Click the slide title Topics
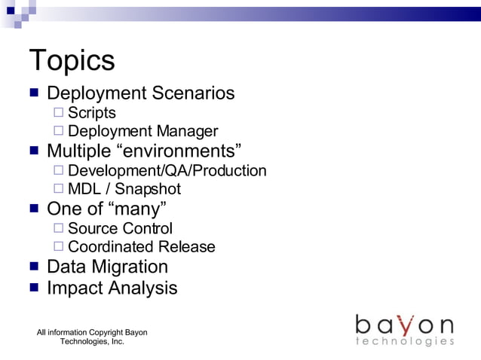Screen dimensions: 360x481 tap(72, 60)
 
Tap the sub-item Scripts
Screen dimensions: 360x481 tap(92, 113)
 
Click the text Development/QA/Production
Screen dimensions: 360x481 tap(167, 171)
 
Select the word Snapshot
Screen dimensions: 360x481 tap(148, 189)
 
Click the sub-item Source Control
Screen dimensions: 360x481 tap(120, 228)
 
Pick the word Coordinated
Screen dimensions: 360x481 tap(111, 247)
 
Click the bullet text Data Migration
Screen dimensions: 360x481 tap(107, 267)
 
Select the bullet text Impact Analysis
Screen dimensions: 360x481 tap(112, 288)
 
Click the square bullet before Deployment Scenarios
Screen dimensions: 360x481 tap(34, 94)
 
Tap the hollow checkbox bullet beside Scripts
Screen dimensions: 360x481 tap(59, 113)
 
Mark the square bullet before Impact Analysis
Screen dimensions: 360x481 tap(34, 288)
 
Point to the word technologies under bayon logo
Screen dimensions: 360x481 tap(404, 342)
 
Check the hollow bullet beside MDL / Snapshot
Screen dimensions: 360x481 tap(59, 189)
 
